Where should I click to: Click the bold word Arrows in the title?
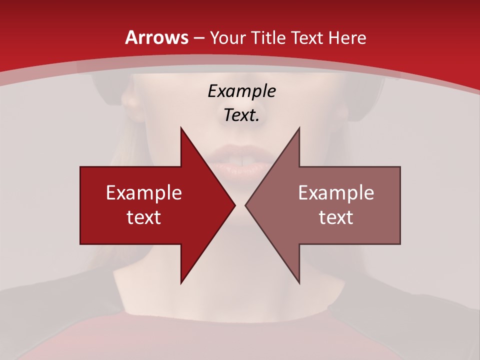[157, 37]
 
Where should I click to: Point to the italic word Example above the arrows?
[241, 91]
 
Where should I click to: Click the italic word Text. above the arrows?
[241, 115]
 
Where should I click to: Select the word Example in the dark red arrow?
[144, 192]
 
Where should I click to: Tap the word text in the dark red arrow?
[144, 217]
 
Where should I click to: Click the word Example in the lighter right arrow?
[336, 192]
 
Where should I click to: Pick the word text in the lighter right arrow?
[336, 217]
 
